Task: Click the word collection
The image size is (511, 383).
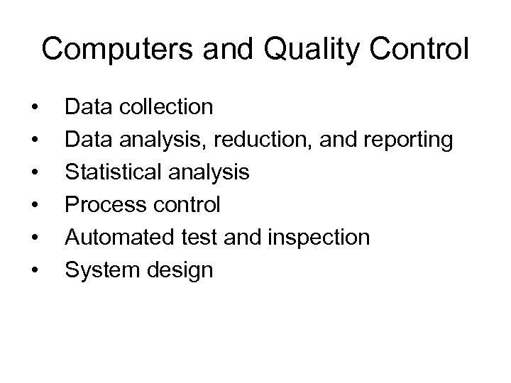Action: (167, 107)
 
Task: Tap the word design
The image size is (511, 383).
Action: (177, 270)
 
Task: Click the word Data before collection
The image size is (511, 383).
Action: (87, 107)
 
